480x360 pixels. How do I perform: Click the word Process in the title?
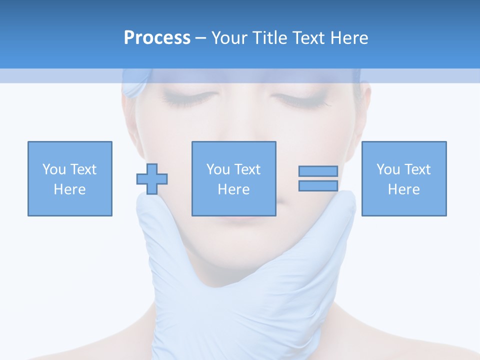tap(157, 37)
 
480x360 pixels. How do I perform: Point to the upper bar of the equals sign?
tap(318, 171)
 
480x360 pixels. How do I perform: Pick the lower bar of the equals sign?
tap(318, 185)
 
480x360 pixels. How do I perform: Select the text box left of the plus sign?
tap(70, 179)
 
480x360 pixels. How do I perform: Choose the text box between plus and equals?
tap(234, 179)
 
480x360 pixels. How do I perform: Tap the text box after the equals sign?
tap(404, 179)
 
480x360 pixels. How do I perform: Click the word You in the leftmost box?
tap(54, 169)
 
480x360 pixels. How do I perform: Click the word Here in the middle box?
tap(234, 189)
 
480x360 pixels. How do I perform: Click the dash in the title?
tap(201, 38)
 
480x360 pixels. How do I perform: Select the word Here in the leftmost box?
tap(70, 189)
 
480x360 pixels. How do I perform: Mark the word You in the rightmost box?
tap(388, 169)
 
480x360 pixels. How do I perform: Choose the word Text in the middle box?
tap(247, 169)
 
